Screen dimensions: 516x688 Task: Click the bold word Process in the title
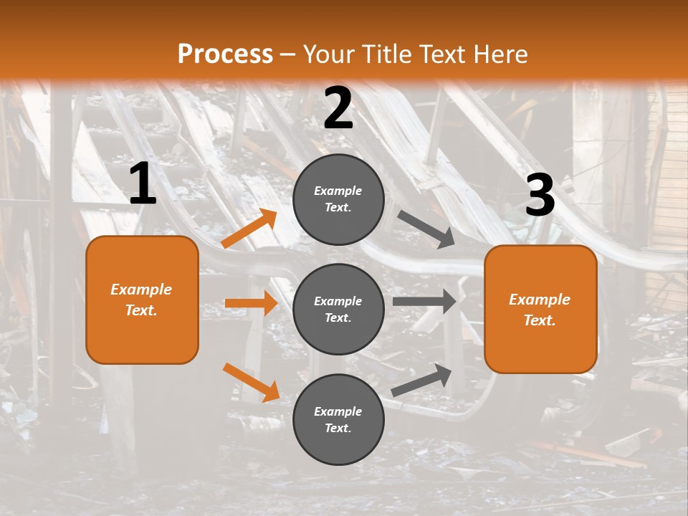225,54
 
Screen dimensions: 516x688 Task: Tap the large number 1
143,184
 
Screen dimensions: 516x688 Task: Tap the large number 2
338,108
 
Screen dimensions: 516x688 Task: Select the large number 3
540,195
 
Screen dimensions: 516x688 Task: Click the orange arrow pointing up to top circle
250,229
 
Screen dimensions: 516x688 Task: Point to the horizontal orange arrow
251,303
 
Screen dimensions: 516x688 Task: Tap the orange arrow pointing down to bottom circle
251,382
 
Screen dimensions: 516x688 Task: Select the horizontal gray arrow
424,301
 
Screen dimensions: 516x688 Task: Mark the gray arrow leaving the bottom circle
422,380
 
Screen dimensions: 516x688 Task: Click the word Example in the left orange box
141,290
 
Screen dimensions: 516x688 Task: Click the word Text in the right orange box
539,320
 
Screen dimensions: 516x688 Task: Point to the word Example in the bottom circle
338,411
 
